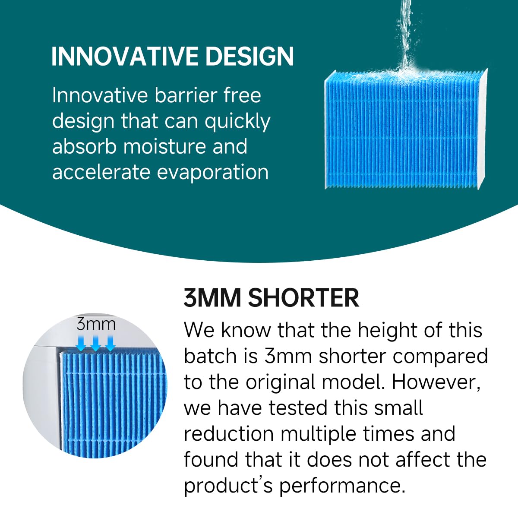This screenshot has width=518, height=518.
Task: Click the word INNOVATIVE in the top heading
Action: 125,56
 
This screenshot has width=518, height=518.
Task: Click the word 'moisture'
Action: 164,146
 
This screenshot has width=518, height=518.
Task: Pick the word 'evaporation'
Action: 212,173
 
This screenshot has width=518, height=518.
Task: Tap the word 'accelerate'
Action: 101,172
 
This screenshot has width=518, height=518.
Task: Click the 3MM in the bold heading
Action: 212,297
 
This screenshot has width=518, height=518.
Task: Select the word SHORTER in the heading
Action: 303,297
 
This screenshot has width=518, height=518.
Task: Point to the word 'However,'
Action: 436,382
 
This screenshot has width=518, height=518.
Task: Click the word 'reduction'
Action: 229,434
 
